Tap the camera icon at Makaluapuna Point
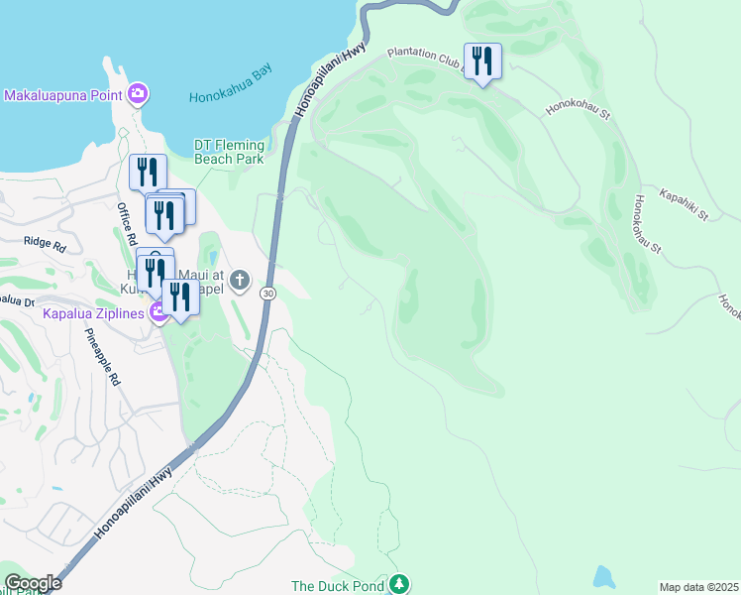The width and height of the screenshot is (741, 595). (x=138, y=95)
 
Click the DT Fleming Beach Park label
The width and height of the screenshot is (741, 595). (x=229, y=152)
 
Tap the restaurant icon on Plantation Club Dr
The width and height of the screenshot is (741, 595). (x=482, y=61)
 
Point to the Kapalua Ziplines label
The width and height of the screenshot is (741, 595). (x=93, y=313)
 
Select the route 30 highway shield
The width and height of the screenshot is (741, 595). (x=267, y=294)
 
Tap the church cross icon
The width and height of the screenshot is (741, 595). (x=240, y=282)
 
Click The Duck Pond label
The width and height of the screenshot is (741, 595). (x=337, y=586)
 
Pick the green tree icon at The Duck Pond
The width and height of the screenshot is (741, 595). (x=398, y=583)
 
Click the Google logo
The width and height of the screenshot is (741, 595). (x=33, y=583)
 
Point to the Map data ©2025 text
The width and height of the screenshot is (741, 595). (x=698, y=587)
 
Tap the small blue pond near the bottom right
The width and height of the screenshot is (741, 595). (x=602, y=576)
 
